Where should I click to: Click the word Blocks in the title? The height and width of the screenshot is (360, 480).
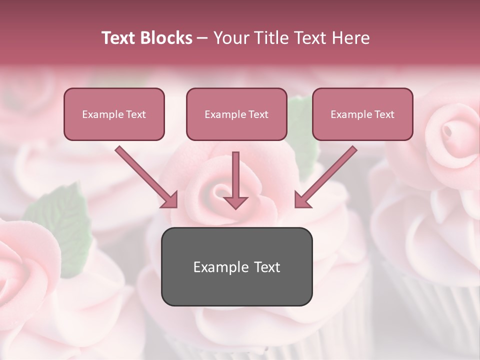167,38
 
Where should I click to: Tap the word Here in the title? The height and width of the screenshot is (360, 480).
350,38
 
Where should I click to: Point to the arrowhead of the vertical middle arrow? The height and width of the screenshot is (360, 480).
235,202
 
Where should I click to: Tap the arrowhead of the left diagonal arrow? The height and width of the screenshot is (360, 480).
170,200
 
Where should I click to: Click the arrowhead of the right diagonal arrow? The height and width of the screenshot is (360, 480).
302,200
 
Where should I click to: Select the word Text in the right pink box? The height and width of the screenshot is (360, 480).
384,114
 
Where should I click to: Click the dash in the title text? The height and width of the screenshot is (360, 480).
202,38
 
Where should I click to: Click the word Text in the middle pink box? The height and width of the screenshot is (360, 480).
258,114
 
